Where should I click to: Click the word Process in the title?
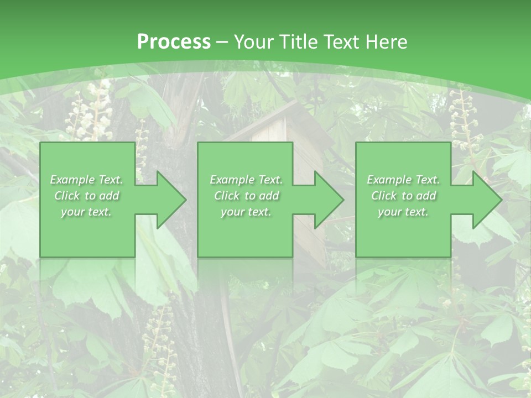coord(174,41)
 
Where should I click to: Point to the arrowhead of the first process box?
coord(169,200)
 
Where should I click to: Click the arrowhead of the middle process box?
coord(326,200)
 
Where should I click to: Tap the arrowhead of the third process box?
coord(485,200)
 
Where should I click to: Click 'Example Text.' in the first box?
coord(87,180)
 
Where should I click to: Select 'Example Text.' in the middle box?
coord(246,180)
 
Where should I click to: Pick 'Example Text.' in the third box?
coord(403,180)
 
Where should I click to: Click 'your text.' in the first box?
coord(86,212)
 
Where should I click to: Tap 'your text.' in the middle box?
coord(246,212)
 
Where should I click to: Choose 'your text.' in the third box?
coord(403,212)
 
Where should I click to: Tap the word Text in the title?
coord(339,41)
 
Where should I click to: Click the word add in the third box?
coord(426,196)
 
